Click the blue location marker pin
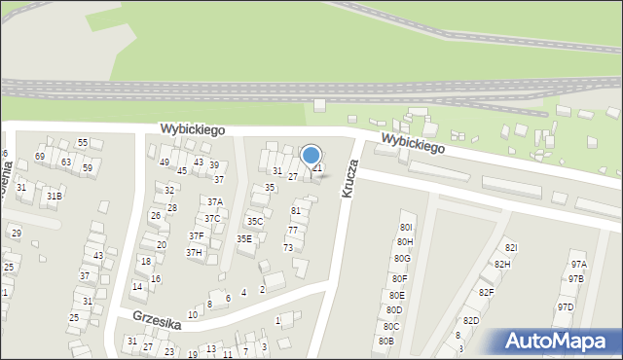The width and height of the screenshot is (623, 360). click(311, 156)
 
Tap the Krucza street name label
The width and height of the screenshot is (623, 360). click(350, 180)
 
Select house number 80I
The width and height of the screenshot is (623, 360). click(406, 227)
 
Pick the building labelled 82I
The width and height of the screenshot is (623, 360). click(511, 248)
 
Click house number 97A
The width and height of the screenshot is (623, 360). click(578, 264)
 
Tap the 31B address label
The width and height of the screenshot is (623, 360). click(55, 196)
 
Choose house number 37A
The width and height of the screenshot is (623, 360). click(214, 202)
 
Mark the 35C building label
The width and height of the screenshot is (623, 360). click(254, 222)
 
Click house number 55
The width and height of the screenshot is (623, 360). click(83, 143)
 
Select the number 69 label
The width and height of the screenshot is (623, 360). click(40, 157)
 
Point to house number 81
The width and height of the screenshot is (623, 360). click(296, 211)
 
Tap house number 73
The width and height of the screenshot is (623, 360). click(288, 248)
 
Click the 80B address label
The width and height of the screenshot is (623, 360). click(385, 342)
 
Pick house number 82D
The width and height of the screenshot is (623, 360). click(471, 321)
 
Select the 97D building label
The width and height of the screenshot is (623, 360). click(565, 307)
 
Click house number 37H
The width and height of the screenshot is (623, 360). click(194, 253)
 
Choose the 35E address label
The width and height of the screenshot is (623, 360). click(244, 238)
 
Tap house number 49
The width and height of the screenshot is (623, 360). click(165, 162)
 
